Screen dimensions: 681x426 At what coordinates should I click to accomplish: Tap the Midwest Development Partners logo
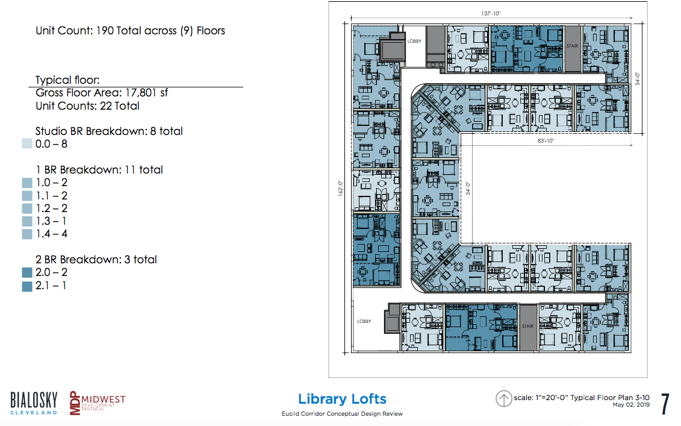click(x=98, y=403)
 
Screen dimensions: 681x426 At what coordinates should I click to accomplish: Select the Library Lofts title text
click(x=342, y=399)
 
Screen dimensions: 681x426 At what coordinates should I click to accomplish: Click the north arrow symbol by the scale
click(x=503, y=399)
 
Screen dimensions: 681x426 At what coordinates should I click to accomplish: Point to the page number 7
click(x=665, y=404)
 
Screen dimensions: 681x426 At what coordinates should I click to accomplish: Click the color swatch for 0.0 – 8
click(x=27, y=144)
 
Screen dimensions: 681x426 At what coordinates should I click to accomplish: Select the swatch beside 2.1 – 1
click(x=27, y=286)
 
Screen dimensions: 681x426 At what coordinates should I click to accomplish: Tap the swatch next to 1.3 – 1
click(x=27, y=221)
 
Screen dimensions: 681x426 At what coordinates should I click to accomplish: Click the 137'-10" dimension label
click(x=491, y=13)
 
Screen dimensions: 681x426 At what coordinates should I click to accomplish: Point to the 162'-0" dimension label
click(x=341, y=189)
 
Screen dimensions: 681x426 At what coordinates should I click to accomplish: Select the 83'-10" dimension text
click(x=546, y=141)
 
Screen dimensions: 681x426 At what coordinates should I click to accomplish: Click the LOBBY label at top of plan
click(x=414, y=42)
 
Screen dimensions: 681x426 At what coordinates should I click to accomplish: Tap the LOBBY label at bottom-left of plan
click(x=364, y=321)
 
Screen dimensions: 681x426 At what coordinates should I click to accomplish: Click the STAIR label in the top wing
click(x=572, y=46)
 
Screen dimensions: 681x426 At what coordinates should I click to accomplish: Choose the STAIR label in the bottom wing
click(x=527, y=326)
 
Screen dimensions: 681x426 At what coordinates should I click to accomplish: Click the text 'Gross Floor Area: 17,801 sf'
click(x=102, y=93)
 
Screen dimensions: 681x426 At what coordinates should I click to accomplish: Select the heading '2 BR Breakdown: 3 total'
click(x=96, y=260)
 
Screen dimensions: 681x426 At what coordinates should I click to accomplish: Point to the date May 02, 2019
click(x=631, y=405)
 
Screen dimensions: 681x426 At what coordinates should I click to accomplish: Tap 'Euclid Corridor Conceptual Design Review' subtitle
click(x=342, y=414)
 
